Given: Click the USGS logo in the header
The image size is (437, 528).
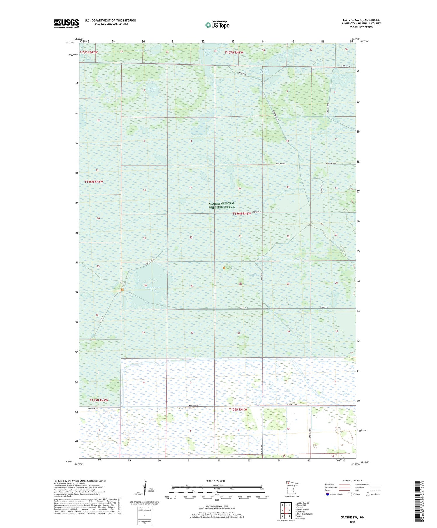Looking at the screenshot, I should [66, 23].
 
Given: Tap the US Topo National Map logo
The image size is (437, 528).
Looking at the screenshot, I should [217, 25].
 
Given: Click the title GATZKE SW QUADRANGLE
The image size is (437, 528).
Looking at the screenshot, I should [361, 20].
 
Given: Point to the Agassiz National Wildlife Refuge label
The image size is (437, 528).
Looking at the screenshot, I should [222, 205].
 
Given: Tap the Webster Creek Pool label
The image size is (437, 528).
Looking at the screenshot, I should [207, 52].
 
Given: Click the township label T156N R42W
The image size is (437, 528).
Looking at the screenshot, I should [94, 182].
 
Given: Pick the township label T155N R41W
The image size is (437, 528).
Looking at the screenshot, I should [238, 409].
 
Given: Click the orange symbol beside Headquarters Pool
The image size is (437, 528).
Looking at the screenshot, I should [122, 290].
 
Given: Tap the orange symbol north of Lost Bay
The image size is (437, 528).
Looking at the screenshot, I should [224, 268].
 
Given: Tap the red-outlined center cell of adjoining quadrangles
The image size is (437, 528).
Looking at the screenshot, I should [286, 510].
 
